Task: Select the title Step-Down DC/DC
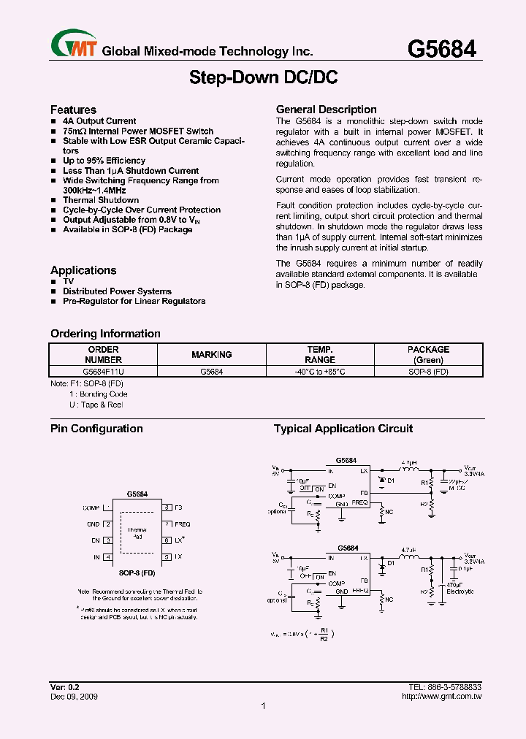[x=263, y=77]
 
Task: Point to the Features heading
[x=73, y=110]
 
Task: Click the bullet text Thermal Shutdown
[x=101, y=199]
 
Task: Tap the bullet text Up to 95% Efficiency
[x=104, y=160]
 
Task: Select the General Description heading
[x=326, y=110]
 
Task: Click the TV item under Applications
[x=68, y=281]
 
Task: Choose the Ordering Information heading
[x=105, y=334]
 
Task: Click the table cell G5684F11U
[x=103, y=371]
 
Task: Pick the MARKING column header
[x=212, y=354]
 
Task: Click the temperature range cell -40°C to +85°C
[x=320, y=371]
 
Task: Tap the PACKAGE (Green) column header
[x=428, y=354]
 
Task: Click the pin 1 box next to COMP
[x=107, y=507]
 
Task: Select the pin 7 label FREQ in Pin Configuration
[x=182, y=524]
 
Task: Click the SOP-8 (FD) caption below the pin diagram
[x=137, y=573]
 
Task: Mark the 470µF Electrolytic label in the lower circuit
[x=460, y=588]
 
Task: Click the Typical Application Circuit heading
[x=343, y=429]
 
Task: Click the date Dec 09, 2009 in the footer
[x=74, y=697]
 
